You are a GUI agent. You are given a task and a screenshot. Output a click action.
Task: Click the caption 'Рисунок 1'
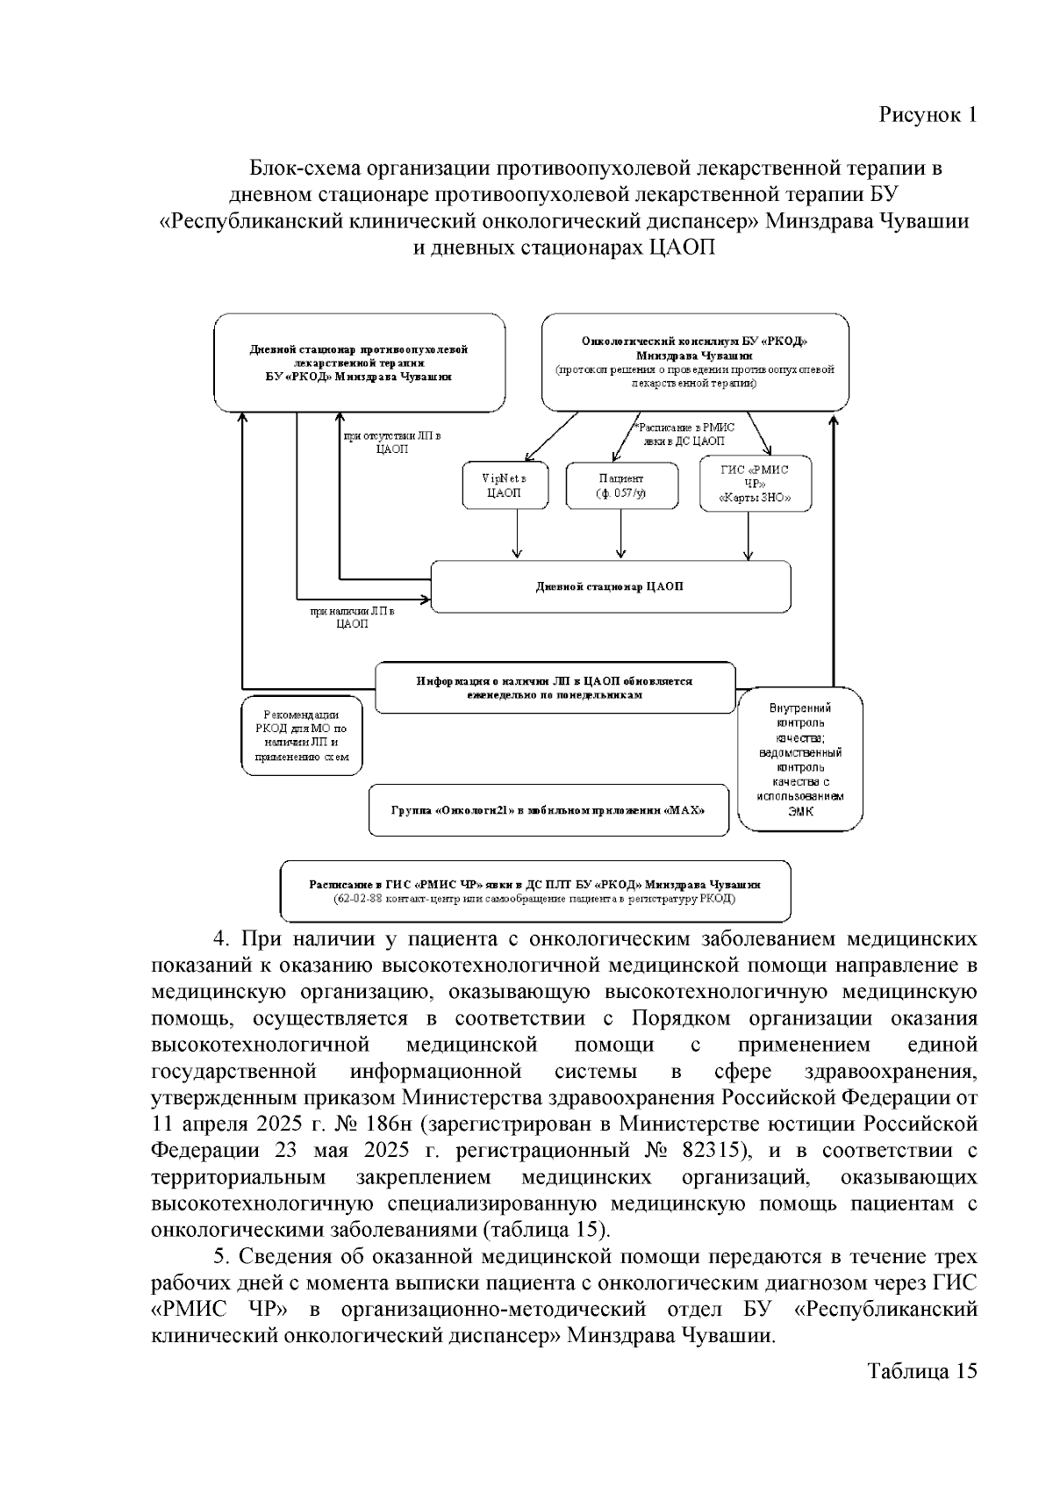click(x=927, y=115)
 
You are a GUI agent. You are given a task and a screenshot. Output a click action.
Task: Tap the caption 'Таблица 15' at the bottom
click(x=921, y=1371)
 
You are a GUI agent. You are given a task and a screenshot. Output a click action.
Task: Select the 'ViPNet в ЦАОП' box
click(x=504, y=485)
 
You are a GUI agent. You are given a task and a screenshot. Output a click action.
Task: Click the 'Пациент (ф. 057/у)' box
click(x=621, y=485)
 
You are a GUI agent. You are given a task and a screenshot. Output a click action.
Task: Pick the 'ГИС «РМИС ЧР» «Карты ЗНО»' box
click(x=755, y=484)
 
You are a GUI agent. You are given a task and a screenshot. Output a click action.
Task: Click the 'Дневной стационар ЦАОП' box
click(x=609, y=586)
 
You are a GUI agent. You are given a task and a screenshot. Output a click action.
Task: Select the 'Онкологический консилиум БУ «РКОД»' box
click(x=694, y=362)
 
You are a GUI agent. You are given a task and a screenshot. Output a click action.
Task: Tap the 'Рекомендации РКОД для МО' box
click(x=302, y=736)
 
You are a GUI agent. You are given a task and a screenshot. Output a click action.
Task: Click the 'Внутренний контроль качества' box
click(x=799, y=758)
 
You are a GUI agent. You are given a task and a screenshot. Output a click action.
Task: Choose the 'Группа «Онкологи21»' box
click(x=548, y=808)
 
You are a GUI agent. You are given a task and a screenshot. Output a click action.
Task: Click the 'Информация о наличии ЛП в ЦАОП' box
click(x=555, y=687)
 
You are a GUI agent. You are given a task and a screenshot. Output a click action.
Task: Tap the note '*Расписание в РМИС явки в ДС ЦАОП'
click(x=684, y=434)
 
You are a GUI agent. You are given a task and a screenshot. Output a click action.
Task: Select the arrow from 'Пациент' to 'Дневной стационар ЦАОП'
click(x=621, y=533)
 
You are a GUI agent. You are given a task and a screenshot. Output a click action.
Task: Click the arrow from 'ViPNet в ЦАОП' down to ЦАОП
click(x=517, y=533)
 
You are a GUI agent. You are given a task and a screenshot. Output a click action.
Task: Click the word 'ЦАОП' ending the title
click(x=682, y=248)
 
